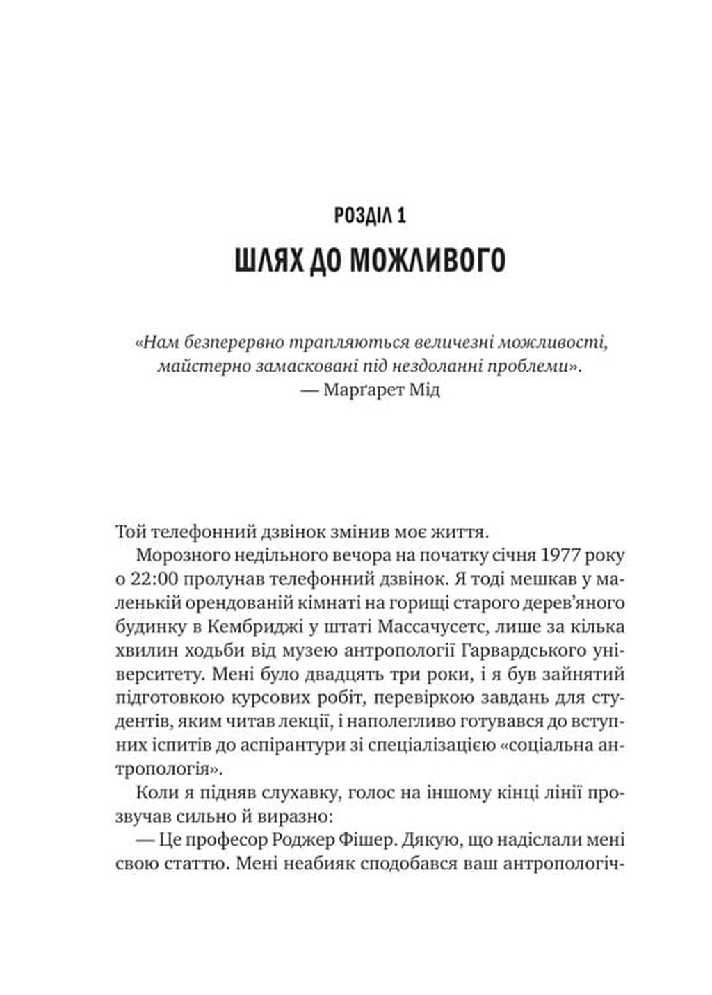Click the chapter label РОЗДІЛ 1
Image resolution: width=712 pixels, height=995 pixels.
tap(370, 215)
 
